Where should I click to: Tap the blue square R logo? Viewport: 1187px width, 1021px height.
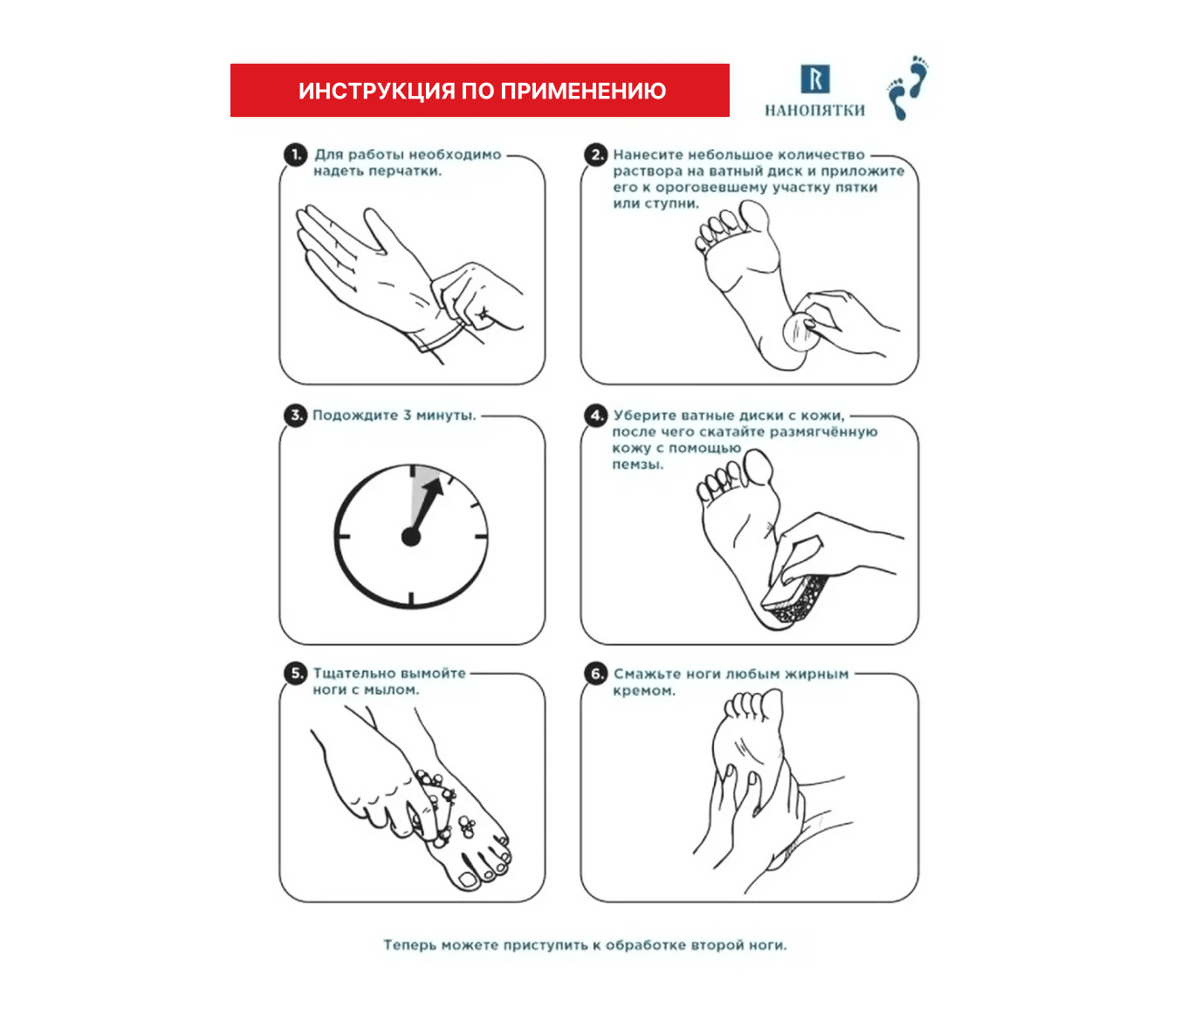[815, 79]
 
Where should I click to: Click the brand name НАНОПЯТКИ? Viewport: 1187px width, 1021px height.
[815, 110]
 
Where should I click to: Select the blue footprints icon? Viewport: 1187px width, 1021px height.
[908, 88]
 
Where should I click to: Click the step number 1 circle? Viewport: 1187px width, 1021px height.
[296, 155]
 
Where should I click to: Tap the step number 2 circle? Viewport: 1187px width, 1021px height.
[596, 155]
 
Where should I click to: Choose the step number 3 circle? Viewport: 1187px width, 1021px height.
[296, 415]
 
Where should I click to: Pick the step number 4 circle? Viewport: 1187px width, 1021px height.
[596, 415]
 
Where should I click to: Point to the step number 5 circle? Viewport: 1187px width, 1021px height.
[296, 673]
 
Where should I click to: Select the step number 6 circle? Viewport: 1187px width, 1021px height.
[596, 673]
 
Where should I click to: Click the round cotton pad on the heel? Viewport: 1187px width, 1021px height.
[800, 332]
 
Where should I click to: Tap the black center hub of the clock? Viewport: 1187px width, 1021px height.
[411, 537]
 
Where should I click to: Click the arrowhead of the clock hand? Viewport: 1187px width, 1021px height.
[434, 487]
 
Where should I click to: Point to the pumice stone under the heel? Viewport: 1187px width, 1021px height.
[796, 600]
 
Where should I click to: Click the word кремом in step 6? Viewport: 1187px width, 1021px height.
[644, 691]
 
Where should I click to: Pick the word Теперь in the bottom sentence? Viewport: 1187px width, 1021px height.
[409, 944]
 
